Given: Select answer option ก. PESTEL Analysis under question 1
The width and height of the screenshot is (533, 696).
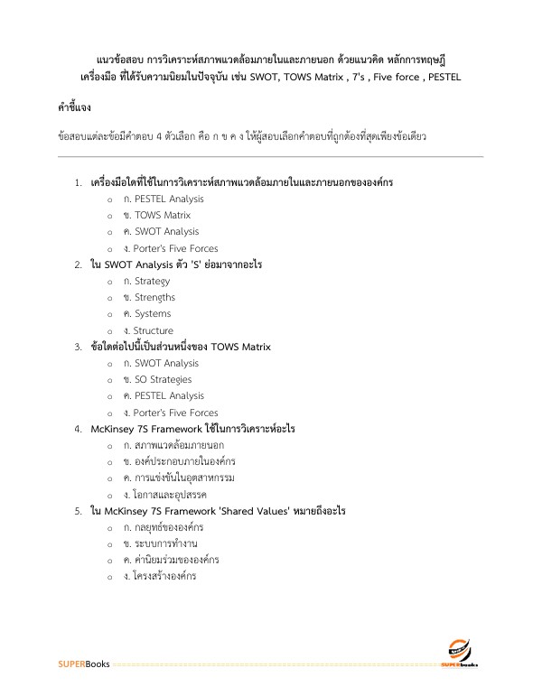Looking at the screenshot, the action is pyautogui.click(x=164, y=199).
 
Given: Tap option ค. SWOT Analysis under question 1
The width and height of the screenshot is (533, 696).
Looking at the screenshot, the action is pyautogui.click(x=161, y=232).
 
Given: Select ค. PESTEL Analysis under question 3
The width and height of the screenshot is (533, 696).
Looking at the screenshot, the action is pyautogui.click(x=164, y=395).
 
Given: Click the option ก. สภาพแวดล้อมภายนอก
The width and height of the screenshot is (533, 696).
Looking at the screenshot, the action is pyautogui.click(x=173, y=445).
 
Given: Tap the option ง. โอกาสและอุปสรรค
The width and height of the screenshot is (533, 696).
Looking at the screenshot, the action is pyautogui.click(x=168, y=495).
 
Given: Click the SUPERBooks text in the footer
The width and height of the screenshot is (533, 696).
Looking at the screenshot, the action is pyautogui.click(x=83, y=664).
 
